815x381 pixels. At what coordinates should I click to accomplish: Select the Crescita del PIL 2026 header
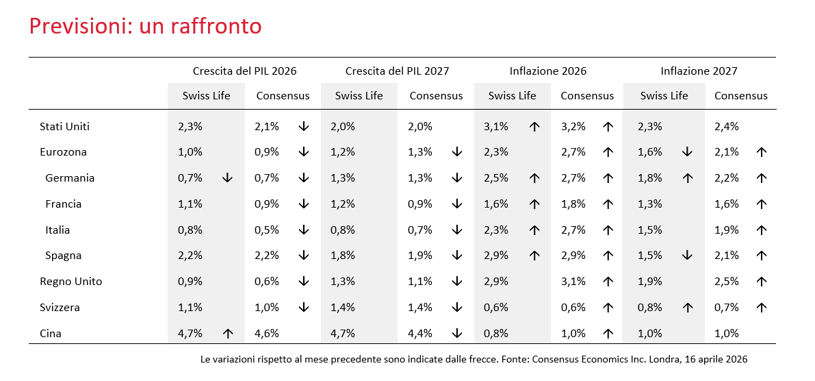click(x=245, y=71)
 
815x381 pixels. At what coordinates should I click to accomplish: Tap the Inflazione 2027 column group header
click(x=699, y=71)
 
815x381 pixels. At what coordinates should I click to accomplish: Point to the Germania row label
click(x=70, y=178)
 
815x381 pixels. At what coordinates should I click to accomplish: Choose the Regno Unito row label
click(x=70, y=282)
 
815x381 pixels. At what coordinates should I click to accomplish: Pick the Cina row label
click(x=51, y=334)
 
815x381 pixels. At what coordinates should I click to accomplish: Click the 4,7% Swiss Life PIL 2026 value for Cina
click(x=190, y=334)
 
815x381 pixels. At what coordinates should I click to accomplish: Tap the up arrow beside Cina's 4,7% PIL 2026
click(x=227, y=334)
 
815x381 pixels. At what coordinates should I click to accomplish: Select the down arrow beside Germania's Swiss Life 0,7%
click(x=227, y=178)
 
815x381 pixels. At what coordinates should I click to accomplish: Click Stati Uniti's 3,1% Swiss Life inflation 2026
click(x=496, y=126)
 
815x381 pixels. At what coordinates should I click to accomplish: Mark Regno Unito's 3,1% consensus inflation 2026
click(x=573, y=282)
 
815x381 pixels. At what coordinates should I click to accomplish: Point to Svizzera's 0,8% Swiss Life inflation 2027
click(x=649, y=308)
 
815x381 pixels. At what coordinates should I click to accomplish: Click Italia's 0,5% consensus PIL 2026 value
click(x=267, y=230)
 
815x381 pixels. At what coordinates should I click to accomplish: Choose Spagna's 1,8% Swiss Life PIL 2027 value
click(x=343, y=256)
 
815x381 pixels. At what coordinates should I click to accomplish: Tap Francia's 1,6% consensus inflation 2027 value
click(x=726, y=204)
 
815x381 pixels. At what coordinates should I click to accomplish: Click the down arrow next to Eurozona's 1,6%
click(x=687, y=152)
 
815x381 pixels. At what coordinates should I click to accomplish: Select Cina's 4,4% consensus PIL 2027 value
click(x=420, y=334)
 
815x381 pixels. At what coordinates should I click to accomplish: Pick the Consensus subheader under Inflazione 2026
click(x=587, y=96)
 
